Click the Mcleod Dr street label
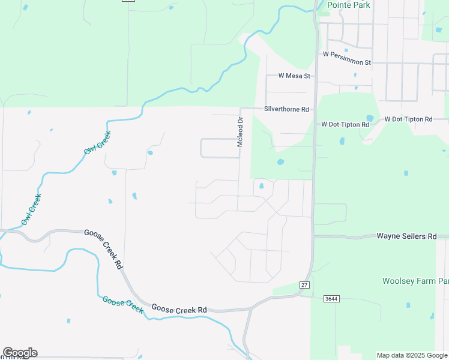click(x=240, y=132)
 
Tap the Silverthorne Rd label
click(x=286, y=110)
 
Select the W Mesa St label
click(x=294, y=76)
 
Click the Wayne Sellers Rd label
click(x=406, y=236)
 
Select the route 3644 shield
click(x=331, y=298)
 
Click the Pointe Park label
click(x=349, y=5)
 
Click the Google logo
click(x=19, y=353)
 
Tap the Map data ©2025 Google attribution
click(x=412, y=355)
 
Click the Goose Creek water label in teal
click(x=122, y=305)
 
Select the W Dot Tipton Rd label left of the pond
click(x=345, y=125)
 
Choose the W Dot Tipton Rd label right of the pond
click(x=408, y=119)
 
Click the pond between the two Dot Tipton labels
click(x=370, y=118)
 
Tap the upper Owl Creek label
click(x=97, y=142)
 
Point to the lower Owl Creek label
click(x=31, y=210)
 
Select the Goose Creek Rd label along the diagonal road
click(x=103, y=248)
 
